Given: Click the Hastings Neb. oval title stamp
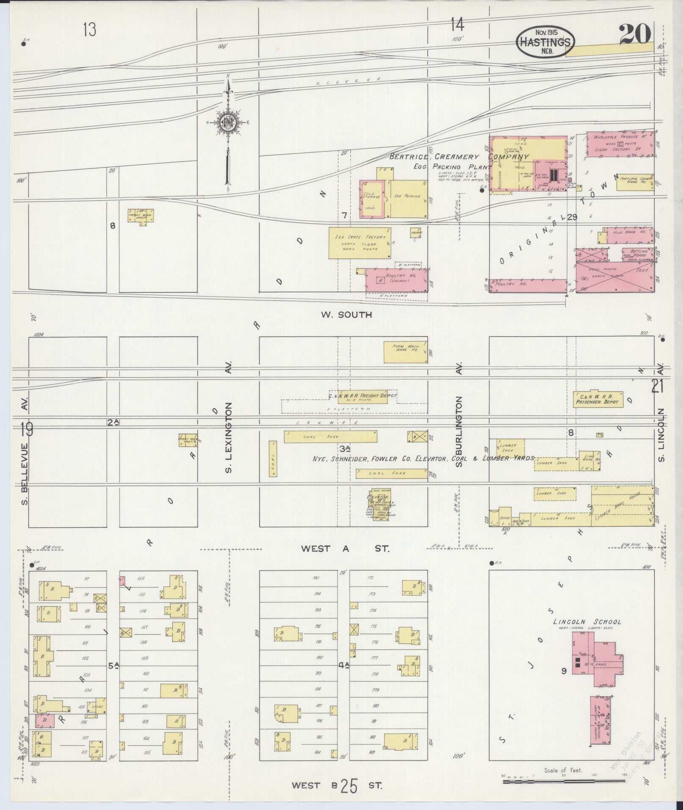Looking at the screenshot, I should click(545, 41).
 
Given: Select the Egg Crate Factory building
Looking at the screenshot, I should click(360, 243).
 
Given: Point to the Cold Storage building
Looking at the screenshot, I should click(372, 199).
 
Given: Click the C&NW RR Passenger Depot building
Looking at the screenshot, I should click(598, 399).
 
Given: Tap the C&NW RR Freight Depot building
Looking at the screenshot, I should click(362, 396).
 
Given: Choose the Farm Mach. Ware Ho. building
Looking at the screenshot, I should click(405, 352).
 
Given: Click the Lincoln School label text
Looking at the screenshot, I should click(587, 622).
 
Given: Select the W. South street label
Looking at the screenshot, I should click(346, 315).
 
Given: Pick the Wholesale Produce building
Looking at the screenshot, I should click(619, 144).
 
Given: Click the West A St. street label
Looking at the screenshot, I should click(345, 549).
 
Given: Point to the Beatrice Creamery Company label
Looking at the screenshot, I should click(459, 157).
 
